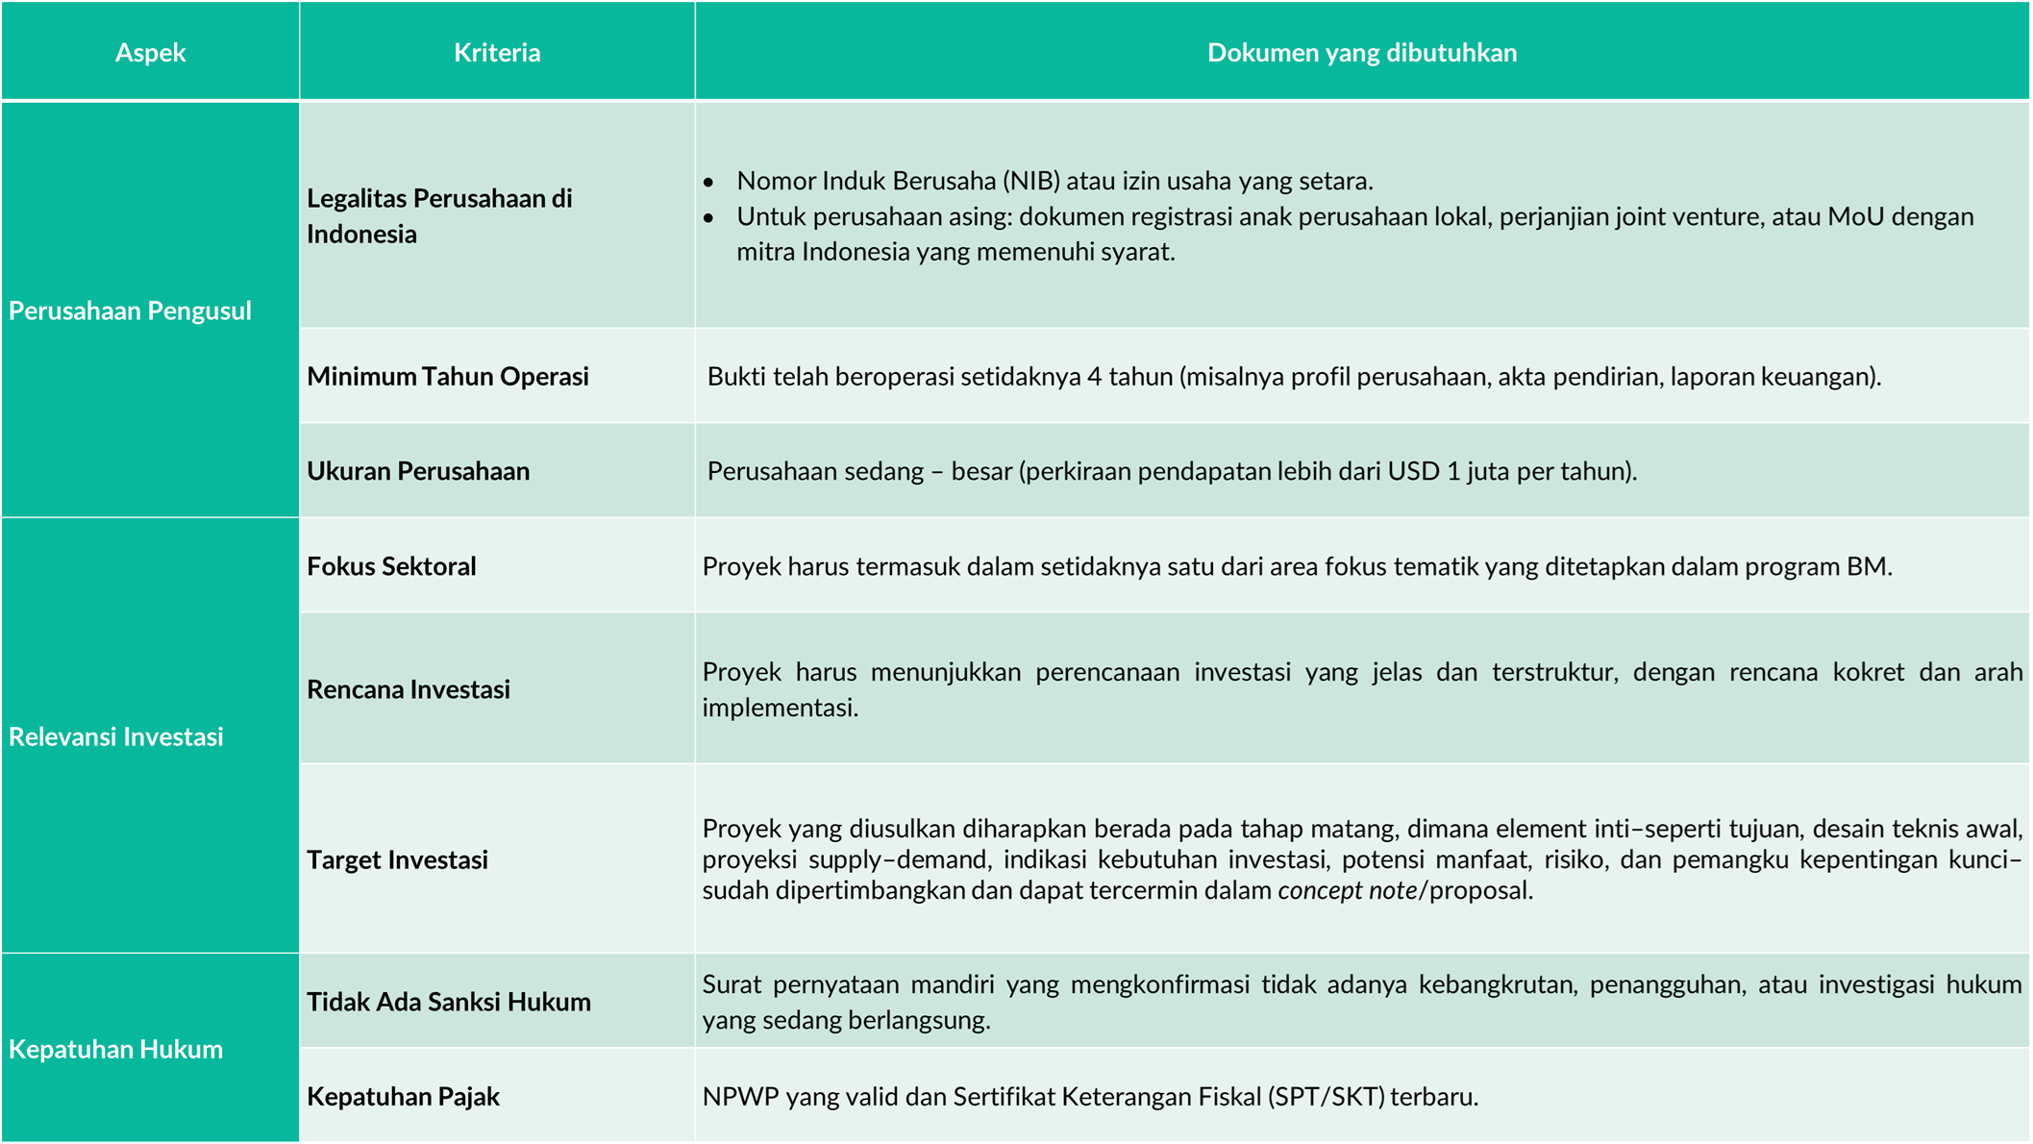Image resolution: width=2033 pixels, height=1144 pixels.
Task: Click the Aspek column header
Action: click(150, 52)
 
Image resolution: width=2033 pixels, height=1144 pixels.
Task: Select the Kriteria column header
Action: click(497, 52)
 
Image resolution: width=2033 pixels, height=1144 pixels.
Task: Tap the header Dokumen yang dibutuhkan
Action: click(1361, 52)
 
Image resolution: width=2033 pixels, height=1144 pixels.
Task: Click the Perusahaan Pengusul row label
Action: click(130, 311)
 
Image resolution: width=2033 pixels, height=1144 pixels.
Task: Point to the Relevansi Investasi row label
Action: click(116, 736)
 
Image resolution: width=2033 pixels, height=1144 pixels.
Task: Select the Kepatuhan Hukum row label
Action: click(116, 1049)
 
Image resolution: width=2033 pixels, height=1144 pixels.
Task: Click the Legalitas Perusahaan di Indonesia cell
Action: click(439, 215)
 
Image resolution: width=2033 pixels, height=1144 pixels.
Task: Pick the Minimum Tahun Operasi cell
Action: click(448, 376)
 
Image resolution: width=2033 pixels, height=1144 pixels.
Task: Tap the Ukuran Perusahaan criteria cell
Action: click(418, 471)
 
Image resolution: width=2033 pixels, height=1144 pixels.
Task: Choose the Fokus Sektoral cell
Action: click(391, 566)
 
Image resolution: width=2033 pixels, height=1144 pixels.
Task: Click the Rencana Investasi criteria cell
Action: click(409, 689)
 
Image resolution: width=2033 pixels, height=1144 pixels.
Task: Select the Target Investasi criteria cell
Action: click(397, 859)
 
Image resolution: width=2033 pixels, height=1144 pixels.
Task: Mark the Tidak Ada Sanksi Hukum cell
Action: click(449, 1002)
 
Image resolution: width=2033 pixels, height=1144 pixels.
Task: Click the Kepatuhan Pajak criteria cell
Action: click(403, 1097)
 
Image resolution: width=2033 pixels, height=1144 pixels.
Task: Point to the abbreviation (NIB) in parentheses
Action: click(1031, 181)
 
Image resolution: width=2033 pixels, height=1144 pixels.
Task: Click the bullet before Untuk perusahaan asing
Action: click(708, 218)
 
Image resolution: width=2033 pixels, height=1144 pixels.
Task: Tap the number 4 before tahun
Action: click(1094, 377)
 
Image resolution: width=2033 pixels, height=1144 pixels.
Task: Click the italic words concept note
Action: click(1347, 890)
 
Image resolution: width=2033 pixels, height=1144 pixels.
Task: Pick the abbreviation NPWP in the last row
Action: click(740, 1097)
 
